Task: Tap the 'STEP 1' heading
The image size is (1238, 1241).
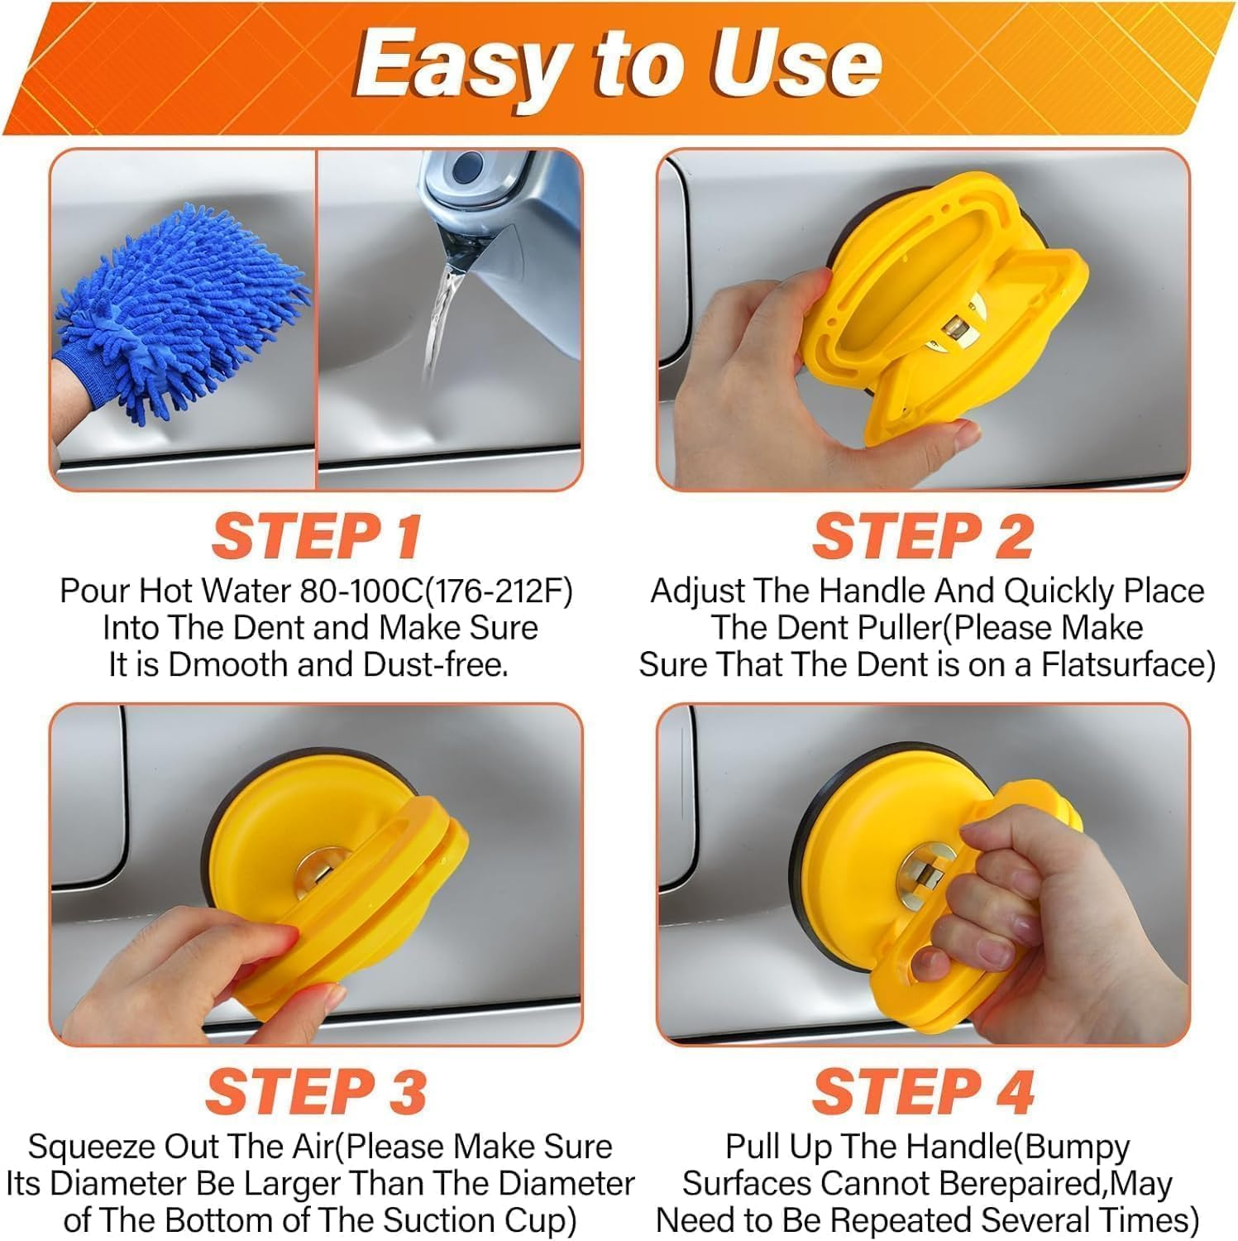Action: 317,537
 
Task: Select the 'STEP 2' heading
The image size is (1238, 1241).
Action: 923,537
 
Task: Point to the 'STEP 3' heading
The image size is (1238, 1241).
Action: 316,1092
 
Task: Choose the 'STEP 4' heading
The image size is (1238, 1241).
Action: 923,1092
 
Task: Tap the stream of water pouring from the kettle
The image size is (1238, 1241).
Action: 438,323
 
